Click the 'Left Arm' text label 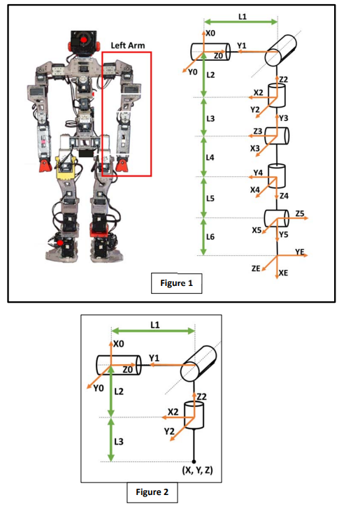click(x=128, y=45)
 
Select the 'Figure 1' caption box click(x=177, y=284)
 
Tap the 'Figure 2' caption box click(x=152, y=492)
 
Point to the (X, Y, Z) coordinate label click(x=197, y=470)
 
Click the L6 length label click(x=210, y=238)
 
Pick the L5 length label click(x=210, y=199)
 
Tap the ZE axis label click(x=257, y=268)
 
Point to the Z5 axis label click(x=301, y=213)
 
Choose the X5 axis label click(x=257, y=229)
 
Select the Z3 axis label click(x=258, y=131)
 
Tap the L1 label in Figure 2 click(x=155, y=324)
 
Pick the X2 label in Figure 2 click(x=173, y=412)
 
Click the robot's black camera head click(x=83, y=42)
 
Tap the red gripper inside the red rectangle click(x=123, y=166)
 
